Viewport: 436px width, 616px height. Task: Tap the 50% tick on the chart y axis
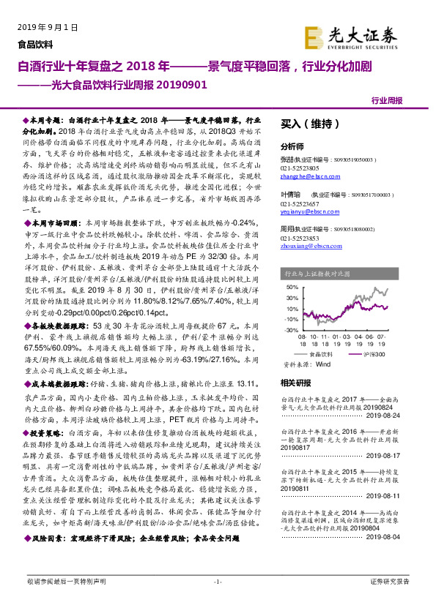292,286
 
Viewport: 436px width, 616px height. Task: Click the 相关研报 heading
296,383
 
